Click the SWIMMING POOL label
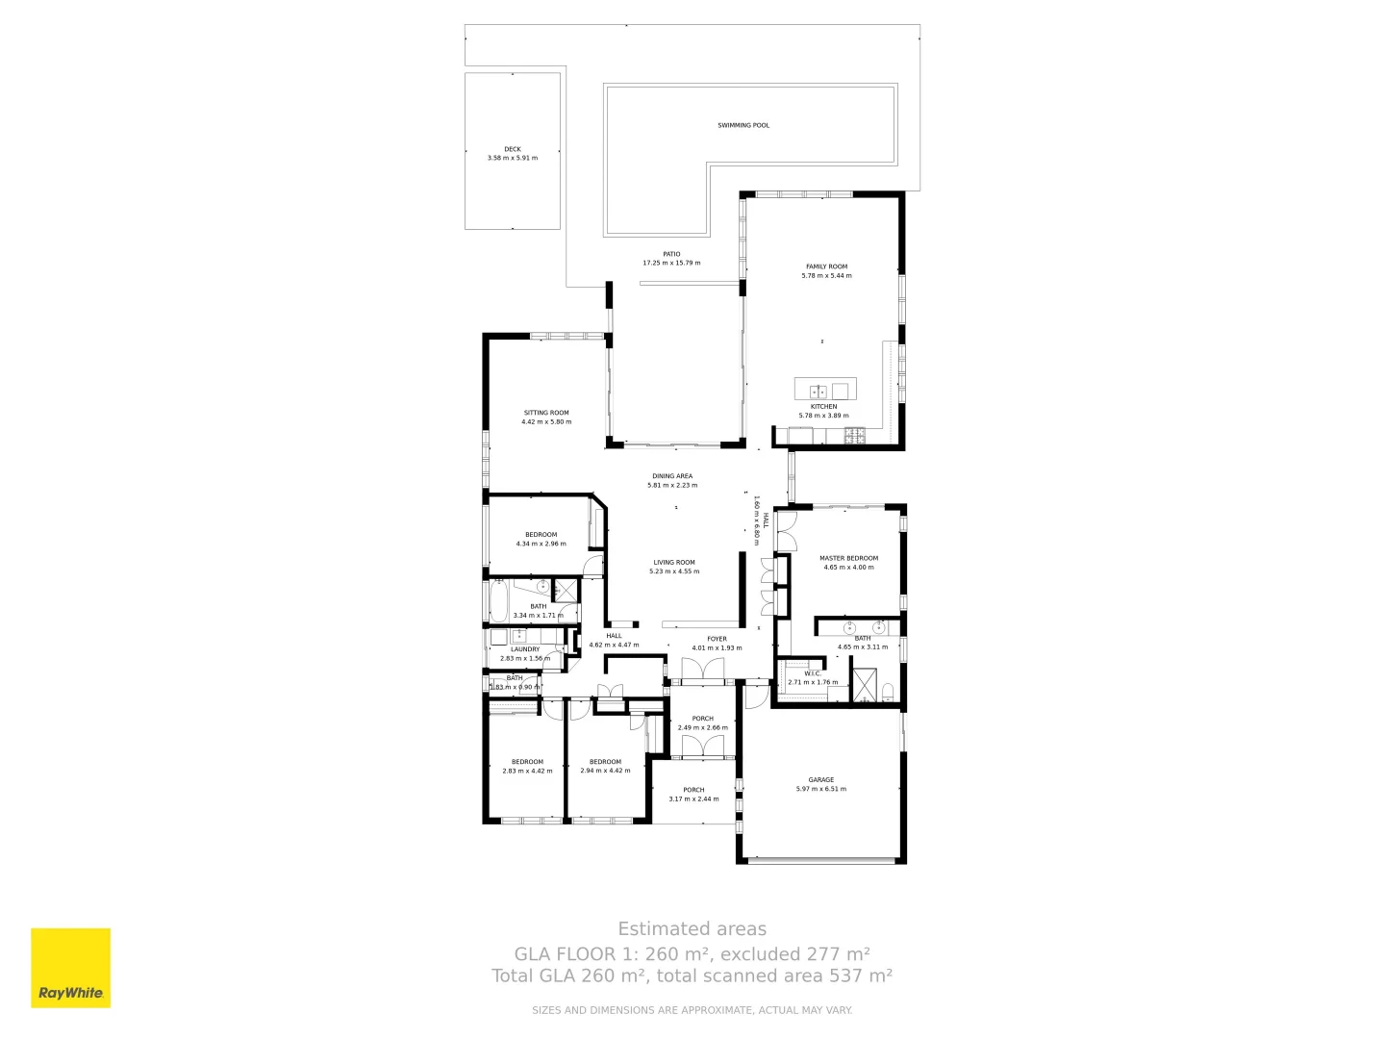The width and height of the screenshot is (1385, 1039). coord(743,125)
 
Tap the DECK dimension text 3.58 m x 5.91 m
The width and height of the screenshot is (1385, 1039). coord(513,158)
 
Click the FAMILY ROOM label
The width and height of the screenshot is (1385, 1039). coord(826,266)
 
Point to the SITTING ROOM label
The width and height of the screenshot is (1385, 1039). coord(546,413)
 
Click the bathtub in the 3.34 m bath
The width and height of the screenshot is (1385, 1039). coord(498,600)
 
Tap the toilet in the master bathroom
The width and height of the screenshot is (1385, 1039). coord(888,691)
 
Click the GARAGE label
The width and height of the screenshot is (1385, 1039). coord(820,780)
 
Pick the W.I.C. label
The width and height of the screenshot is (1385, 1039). coord(812,673)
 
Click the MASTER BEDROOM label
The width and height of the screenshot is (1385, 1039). coord(848,558)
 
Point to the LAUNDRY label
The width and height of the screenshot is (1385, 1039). coord(525,649)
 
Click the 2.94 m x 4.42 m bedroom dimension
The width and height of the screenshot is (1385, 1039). coord(605,771)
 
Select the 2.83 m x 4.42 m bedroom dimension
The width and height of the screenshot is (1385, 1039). coord(527,771)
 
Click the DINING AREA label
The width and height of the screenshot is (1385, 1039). coord(671,476)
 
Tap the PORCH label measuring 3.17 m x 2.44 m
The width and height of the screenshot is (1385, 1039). coord(693,790)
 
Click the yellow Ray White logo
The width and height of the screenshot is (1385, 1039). coord(71,968)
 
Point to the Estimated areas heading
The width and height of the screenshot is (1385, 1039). coord(692,929)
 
